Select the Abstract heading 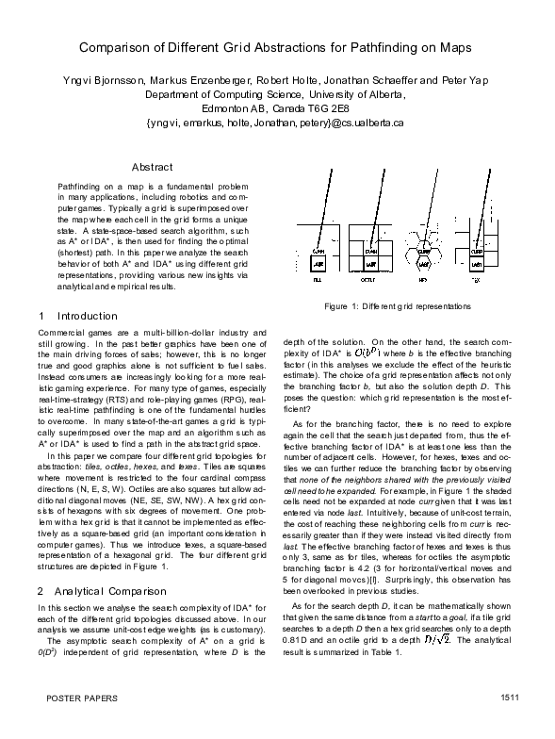[152, 167]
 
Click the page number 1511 [512, 724]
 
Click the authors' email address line [276, 122]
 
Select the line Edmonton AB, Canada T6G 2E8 [276, 108]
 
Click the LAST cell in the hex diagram [424, 266]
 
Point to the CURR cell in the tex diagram [477, 253]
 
